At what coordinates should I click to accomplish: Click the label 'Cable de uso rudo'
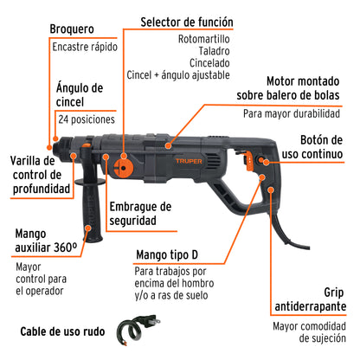pos(62,331)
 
